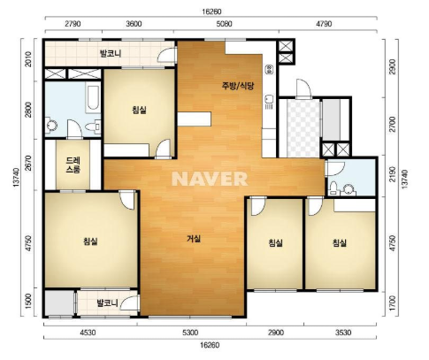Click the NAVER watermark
point(210,179)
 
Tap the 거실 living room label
point(194,239)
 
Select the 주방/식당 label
point(238,86)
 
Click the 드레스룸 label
point(73,165)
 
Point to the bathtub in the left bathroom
point(93,96)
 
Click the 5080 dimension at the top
point(224,24)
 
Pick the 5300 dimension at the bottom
point(190,333)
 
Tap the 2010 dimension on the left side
point(28,59)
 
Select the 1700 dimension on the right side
point(392,304)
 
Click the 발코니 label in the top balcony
point(111,54)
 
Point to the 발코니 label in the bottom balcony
point(107,303)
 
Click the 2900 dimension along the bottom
point(276,333)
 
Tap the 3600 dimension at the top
point(134,24)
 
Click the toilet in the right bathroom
point(333,188)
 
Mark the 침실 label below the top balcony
point(139,111)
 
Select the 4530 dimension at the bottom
point(88,333)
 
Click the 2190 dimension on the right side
point(392,174)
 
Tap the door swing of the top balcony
point(165,55)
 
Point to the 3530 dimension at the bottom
point(343,333)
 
